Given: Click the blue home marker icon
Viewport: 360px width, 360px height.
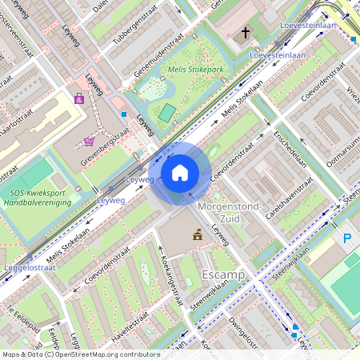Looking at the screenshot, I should coord(180,173).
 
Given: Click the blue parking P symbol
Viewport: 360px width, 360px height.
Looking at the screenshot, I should coord(347,238).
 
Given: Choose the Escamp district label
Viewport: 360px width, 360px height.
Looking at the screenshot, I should coord(224,274).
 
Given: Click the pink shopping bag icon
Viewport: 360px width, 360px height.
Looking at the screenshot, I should coord(79,98).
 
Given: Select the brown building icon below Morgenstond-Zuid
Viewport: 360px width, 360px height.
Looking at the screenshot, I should coord(196,234).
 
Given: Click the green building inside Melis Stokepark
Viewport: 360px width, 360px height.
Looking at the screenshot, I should coord(166,114).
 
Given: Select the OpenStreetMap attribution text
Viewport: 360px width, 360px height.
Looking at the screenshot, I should coord(81,354).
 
